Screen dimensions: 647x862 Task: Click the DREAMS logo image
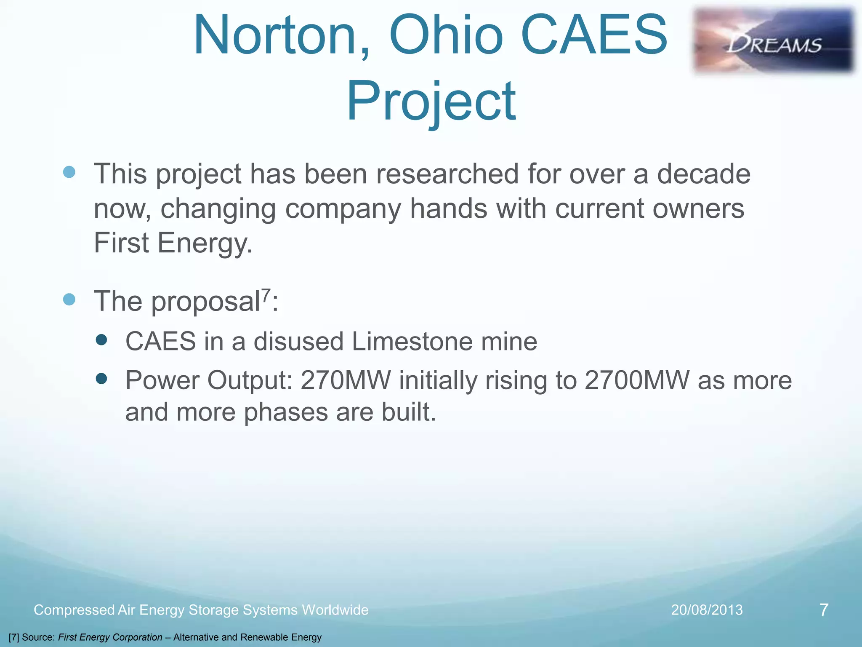click(774, 41)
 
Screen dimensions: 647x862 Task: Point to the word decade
click(703, 174)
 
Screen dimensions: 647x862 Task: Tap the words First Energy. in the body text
click(173, 243)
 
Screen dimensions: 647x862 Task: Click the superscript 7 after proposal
click(266, 294)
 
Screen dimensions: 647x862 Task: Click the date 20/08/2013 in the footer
click(707, 610)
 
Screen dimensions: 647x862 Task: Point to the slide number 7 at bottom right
click(824, 610)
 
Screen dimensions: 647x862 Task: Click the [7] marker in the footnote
click(13, 637)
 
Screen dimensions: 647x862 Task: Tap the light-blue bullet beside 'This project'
click(69, 172)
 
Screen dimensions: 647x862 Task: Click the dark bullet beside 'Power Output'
click(101, 379)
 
